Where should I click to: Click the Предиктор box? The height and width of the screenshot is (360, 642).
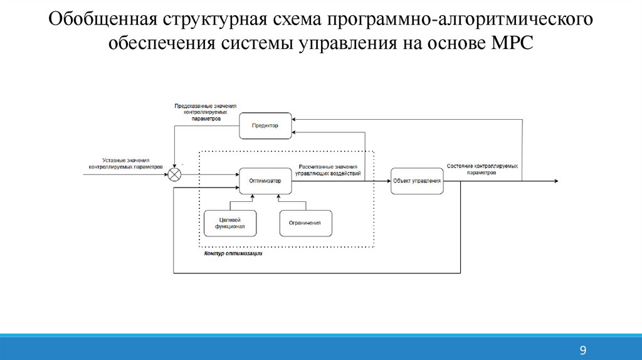click(265, 125)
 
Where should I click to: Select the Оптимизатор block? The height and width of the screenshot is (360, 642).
click(265, 181)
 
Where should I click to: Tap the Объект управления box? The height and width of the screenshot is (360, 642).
click(416, 181)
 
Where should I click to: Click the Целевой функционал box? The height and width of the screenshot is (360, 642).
click(230, 223)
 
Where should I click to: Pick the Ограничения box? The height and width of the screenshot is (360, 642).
click(305, 223)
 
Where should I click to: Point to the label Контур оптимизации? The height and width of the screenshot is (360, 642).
click(233, 254)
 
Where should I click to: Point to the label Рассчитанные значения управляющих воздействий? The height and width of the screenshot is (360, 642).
click(328, 169)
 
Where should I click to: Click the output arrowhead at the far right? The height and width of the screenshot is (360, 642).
click(555, 181)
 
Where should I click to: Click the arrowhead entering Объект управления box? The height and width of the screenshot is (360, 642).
click(387, 181)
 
